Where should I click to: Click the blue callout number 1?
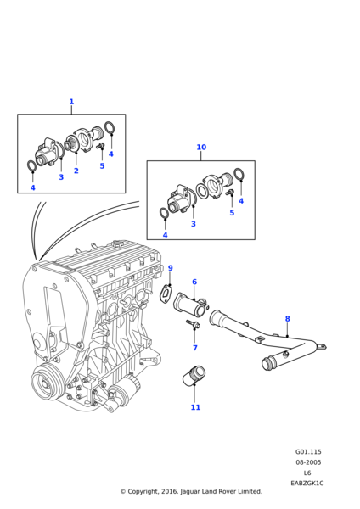[71, 102]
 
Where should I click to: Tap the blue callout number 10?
[201, 147]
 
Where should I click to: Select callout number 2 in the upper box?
[76, 171]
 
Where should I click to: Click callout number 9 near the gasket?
[171, 268]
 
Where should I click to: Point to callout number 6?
[194, 282]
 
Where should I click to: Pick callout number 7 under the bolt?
[195, 348]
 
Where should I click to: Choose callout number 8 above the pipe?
[287, 319]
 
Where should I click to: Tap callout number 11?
[195, 407]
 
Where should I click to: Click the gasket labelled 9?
[166, 294]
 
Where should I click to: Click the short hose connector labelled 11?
[194, 375]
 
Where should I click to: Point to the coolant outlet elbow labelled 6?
[191, 303]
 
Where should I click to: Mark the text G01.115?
[308, 451]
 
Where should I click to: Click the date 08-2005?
[308, 462]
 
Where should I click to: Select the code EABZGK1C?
[307, 483]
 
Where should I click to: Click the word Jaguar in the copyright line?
[189, 492]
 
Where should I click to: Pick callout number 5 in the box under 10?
[232, 213]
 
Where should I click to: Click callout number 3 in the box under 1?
[61, 177]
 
